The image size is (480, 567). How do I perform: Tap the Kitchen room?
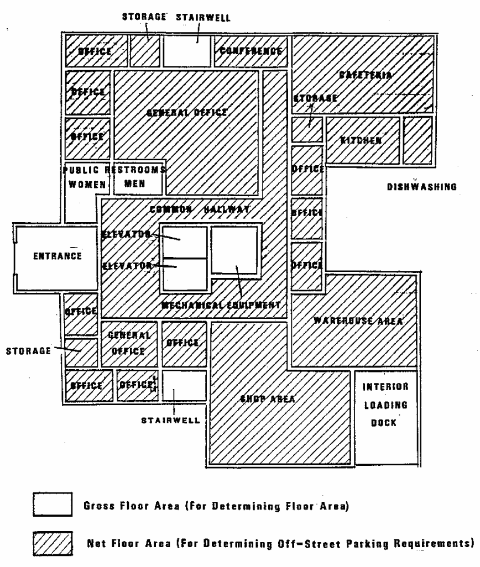point(361,140)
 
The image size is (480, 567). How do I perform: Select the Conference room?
point(251,51)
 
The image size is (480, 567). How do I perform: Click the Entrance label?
point(57,256)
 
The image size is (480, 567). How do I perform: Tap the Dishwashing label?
point(421,187)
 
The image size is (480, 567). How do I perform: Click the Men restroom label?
point(134,184)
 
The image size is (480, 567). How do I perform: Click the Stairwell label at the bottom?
point(171,420)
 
